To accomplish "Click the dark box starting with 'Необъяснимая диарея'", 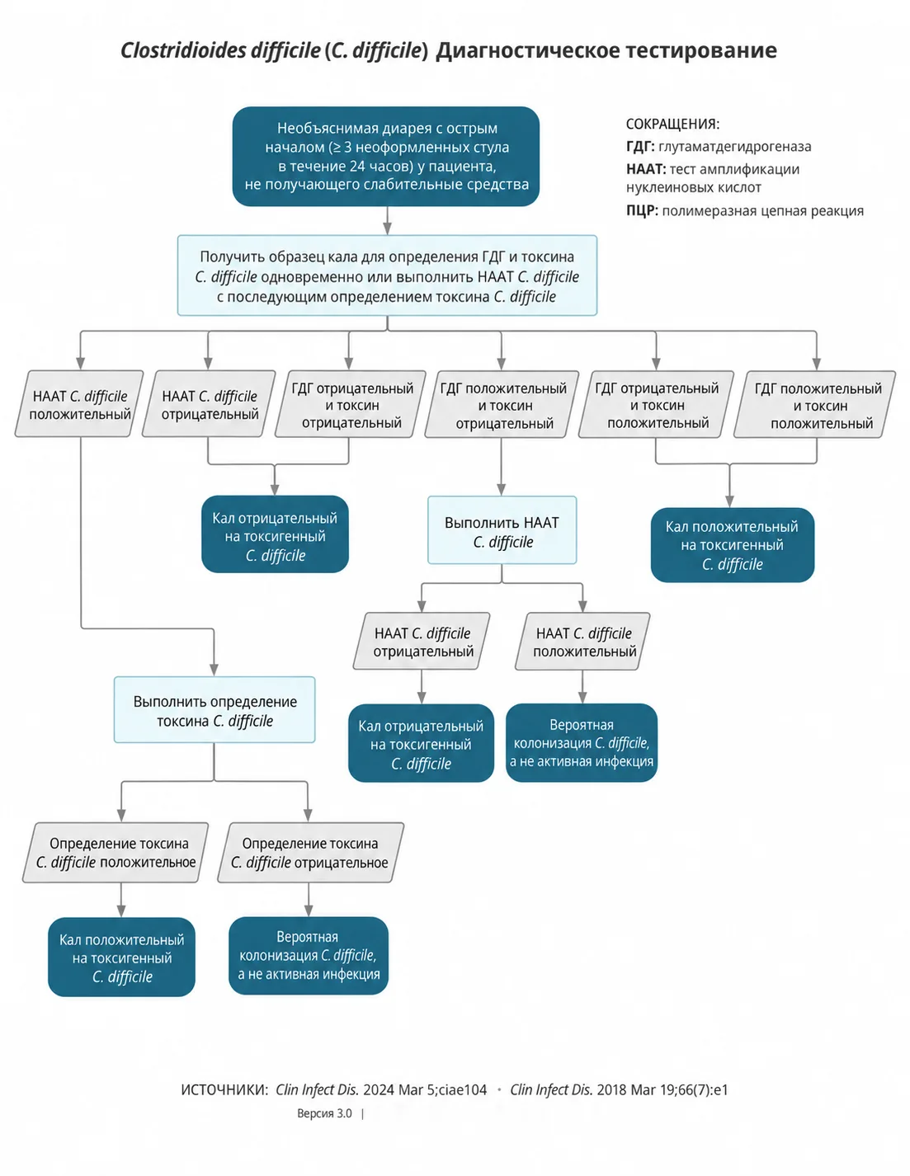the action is point(385,156).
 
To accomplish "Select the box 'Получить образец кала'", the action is point(387,275).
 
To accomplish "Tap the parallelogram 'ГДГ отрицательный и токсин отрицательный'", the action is point(351,404).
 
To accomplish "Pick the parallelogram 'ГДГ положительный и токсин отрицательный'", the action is point(502,404).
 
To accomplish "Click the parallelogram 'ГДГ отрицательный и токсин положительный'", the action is point(656,404).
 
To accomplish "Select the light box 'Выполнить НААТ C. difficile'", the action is point(502,529).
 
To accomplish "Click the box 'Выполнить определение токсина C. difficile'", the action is point(215,709).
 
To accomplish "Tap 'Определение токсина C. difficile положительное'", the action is point(116,853).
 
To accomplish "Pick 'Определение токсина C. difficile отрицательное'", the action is point(311,853).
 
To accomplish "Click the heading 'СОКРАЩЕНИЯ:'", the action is point(672,124).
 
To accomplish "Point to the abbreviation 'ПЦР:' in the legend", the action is point(642,210).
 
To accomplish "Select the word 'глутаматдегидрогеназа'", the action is point(734,147).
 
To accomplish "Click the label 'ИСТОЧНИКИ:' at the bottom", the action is point(224,1090).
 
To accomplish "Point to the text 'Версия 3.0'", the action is point(324,1113).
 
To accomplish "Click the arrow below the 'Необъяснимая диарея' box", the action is point(387,220).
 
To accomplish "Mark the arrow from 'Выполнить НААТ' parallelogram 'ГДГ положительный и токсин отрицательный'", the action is point(502,467).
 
